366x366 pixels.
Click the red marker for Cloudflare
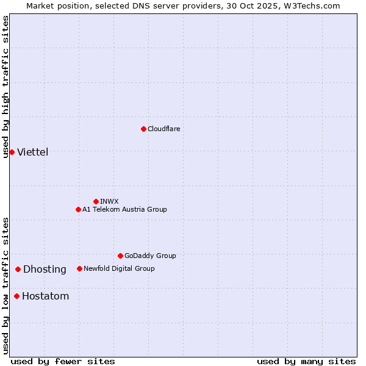143,129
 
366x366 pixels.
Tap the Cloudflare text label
164,129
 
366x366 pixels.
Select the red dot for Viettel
12,152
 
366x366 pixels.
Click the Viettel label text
33,152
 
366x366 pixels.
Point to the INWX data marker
96,201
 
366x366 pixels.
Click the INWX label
110,202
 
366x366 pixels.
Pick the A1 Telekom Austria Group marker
78,209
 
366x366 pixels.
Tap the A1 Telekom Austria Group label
125,210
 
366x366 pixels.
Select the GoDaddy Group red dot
120,256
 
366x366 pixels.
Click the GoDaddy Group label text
150,256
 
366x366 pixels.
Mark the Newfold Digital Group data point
79,268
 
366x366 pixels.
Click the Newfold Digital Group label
120,269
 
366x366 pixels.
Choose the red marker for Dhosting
18,269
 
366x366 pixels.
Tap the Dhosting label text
45,270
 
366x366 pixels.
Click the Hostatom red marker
16,296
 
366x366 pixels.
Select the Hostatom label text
46,297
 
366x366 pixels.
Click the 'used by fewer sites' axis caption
63,362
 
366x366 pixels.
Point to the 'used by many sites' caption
306,362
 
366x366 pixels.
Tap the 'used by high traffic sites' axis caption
6,87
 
